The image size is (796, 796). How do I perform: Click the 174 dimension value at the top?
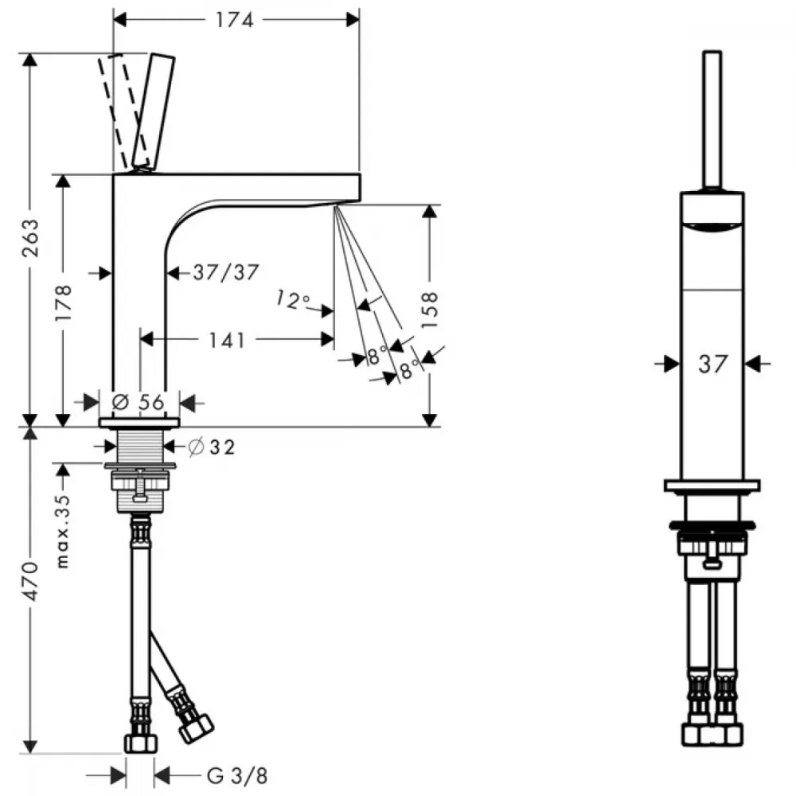[234, 20]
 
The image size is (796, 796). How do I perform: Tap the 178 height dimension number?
[64, 302]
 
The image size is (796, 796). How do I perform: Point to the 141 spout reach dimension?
[227, 340]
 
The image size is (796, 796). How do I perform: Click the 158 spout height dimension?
[430, 310]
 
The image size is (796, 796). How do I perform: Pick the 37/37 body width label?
[226, 272]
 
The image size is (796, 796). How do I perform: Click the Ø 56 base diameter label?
[138, 402]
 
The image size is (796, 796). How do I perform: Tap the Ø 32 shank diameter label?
[211, 447]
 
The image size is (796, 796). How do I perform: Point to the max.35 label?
[62, 532]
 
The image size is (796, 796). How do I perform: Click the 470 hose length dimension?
[30, 581]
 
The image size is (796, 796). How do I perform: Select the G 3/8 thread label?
[237, 775]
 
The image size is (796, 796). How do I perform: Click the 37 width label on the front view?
[712, 364]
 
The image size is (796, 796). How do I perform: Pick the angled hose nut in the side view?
[196, 728]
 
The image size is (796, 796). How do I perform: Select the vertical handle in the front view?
[712, 120]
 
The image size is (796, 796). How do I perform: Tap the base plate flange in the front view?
[712, 486]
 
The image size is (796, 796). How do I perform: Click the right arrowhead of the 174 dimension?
[353, 20]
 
